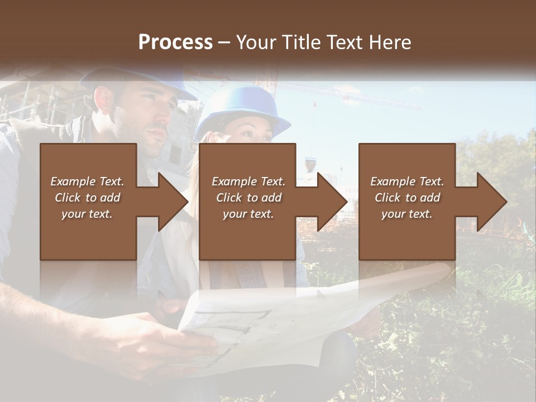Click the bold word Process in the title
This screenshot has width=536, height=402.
tap(175, 42)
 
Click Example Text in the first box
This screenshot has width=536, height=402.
tap(87, 181)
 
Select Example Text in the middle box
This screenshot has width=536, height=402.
tap(248, 181)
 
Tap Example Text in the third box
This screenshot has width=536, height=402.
tap(406, 181)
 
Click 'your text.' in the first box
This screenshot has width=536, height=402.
tap(87, 214)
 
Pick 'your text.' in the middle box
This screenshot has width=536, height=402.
tap(248, 214)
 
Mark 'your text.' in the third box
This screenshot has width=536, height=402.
tap(406, 214)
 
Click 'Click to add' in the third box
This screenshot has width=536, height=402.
tap(406, 198)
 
